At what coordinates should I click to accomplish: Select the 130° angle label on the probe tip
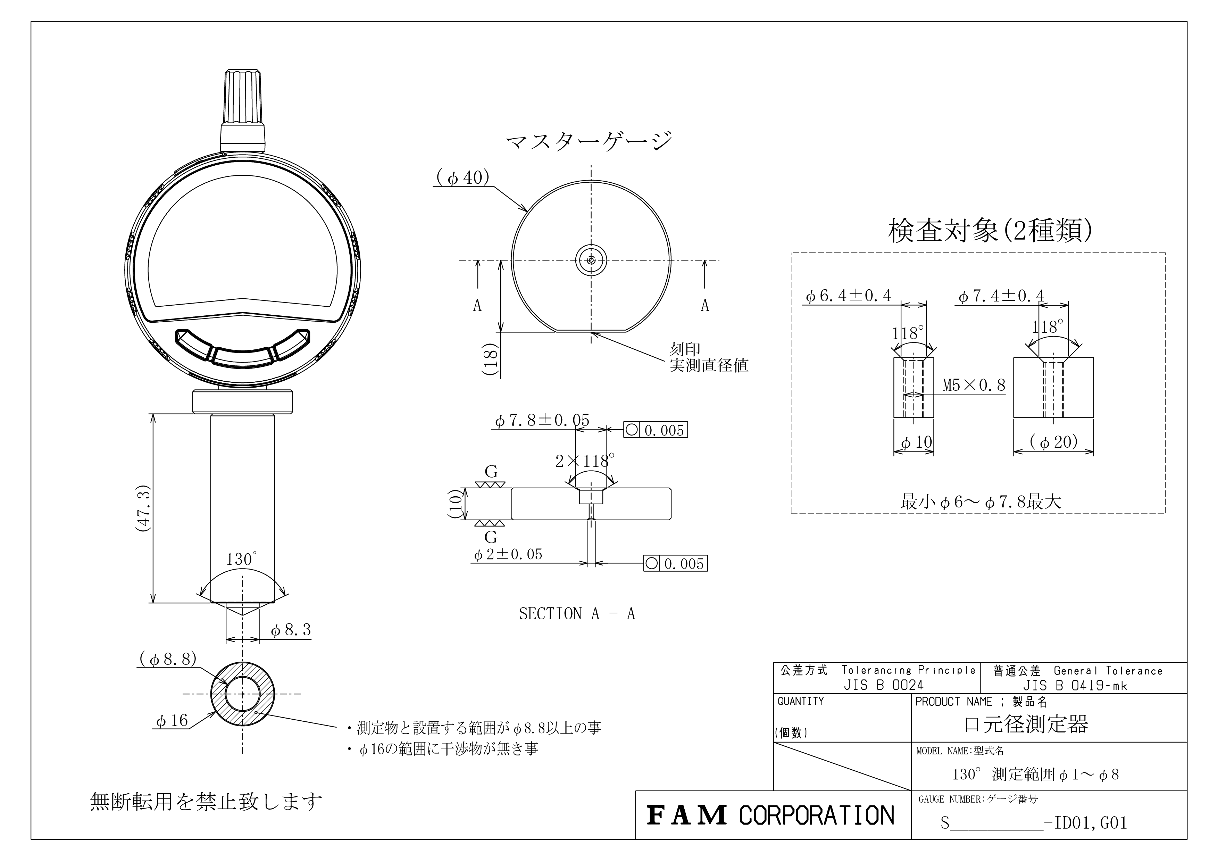[241, 558]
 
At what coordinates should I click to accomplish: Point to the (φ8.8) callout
[168, 659]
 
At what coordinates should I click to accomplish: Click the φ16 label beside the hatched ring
[172, 720]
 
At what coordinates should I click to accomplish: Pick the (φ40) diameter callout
[462, 177]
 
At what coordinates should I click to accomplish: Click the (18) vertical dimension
[491, 360]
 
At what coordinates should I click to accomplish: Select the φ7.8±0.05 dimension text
[542, 420]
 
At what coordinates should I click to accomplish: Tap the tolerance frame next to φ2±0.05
[675, 563]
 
